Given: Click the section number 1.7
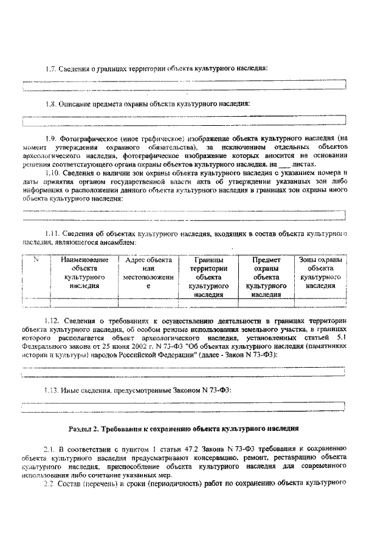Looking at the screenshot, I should point(53,68).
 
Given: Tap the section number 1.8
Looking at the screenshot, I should point(53,103).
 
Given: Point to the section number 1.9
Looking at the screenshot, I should point(53,139).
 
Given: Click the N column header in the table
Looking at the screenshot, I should point(36,260).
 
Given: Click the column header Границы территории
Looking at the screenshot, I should point(208,277).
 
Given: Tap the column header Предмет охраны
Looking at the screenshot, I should point(266,277).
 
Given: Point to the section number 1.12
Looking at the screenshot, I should point(55,320).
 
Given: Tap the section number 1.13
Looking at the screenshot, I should point(55,390).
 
